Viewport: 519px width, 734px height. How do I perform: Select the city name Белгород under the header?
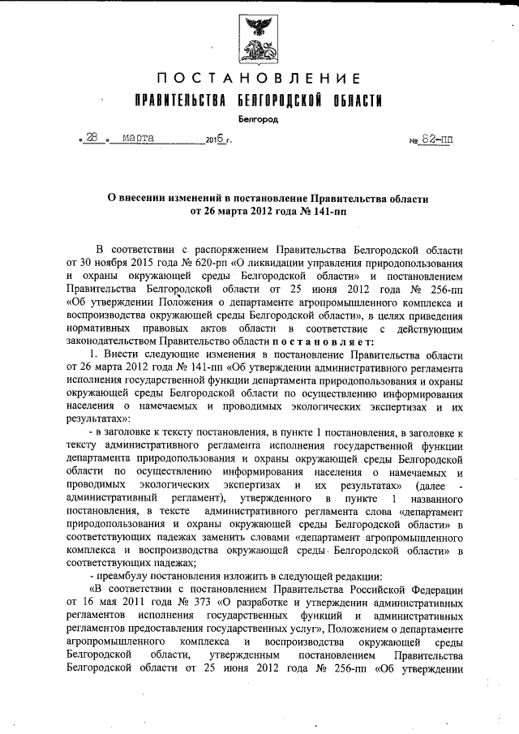(x=258, y=119)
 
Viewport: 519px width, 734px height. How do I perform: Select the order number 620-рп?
(x=207, y=264)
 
